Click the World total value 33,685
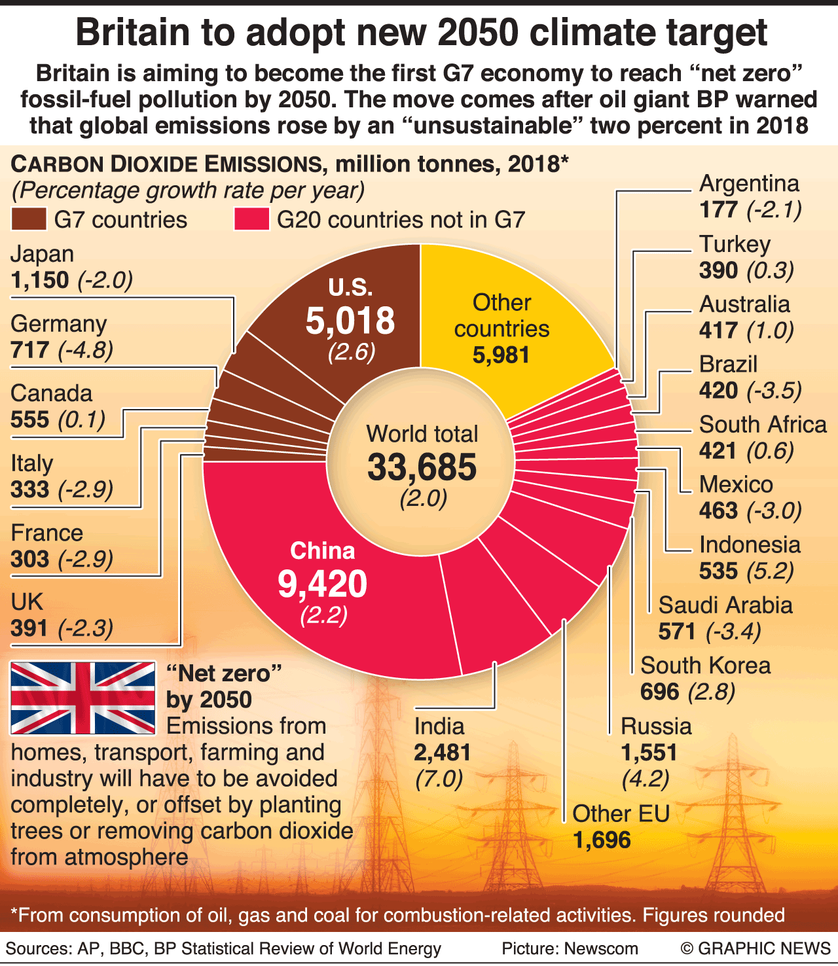[x=422, y=467]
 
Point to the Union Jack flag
[x=83, y=698]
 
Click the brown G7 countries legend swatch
[x=29, y=219]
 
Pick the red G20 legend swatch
[x=251, y=219]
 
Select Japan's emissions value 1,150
[x=40, y=280]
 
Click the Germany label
[x=59, y=324]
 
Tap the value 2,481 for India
[x=443, y=753]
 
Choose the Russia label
[x=656, y=726]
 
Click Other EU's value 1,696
[x=602, y=840]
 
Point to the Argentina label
[x=749, y=184]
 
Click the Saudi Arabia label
[x=725, y=605]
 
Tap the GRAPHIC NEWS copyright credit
[x=756, y=948]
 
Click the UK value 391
[x=29, y=628]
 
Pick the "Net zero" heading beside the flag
[x=224, y=673]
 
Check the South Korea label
[x=705, y=666]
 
